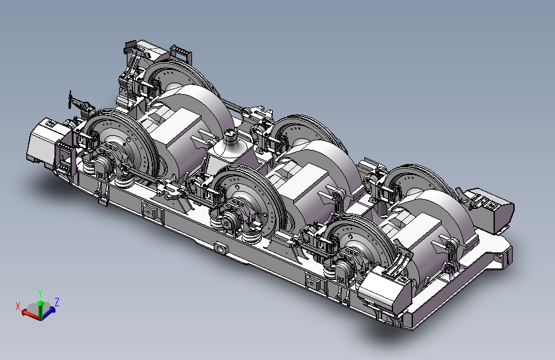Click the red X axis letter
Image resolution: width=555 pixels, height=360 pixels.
click(18, 306)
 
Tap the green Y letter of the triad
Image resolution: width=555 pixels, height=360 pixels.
click(40, 293)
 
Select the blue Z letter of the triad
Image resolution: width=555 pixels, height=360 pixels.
click(56, 302)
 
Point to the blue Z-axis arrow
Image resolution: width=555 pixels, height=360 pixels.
click(49, 311)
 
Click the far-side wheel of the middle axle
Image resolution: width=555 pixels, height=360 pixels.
click(305, 131)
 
